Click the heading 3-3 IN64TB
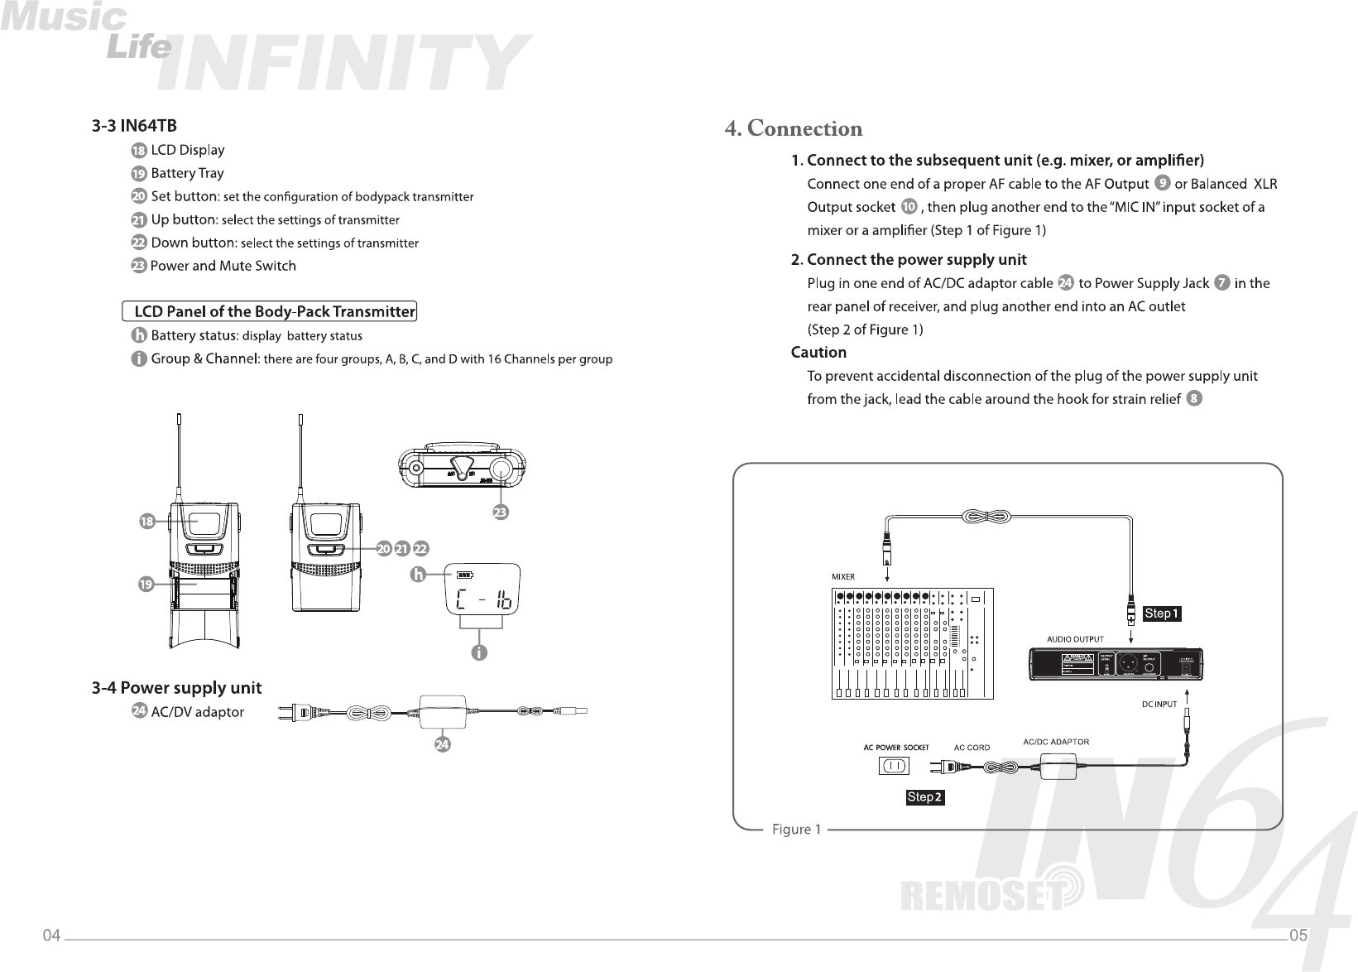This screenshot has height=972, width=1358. pyautogui.click(x=133, y=126)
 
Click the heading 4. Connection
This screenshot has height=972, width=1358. pyautogui.click(x=793, y=129)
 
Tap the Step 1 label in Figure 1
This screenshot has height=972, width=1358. pyautogui.click(x=1161, y=614)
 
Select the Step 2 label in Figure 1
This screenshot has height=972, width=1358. pyautogui.click(x=925, y=797)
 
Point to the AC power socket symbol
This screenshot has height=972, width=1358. pyautogui.click(x=893, y=767)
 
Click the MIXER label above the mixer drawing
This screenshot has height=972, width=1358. pyautogui.click(x=842, y=576)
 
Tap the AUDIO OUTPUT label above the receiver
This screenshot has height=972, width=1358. pyautogui.click(x=1075, y=639)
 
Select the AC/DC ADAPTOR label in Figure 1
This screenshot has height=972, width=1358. pyautogui.click(x=1056, y=742)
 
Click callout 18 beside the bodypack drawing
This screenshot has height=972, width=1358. pyautogui.click(x=146, y=522)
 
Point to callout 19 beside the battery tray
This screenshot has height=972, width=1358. pyautogui.click(x=146, y=585)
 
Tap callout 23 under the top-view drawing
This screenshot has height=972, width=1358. pyautogui.click(x=500, y=513)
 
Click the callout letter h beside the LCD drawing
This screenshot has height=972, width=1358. pyautogui.click(x=419, y=574)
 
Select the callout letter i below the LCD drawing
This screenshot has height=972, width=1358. pyautogui.click(x=478, y=653)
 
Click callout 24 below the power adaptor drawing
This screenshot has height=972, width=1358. pyautogui.click(x=443, y=745)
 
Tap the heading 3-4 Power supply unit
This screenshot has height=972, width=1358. pyautogui.click(x=176, y=688)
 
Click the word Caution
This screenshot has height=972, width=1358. pyautogui.click(x=818, y=353)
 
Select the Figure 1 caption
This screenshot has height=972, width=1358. pyautogui.click(x=796, y=829)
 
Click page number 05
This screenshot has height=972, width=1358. pyautogui.click(x=1298, y=936)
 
